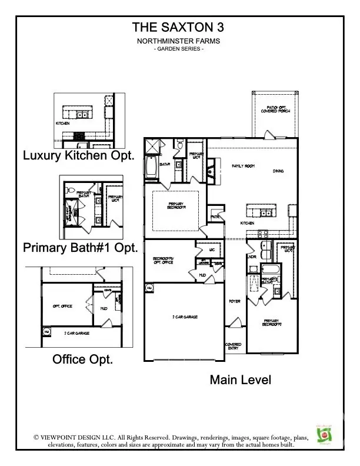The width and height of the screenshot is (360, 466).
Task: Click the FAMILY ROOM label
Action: pos(242,167)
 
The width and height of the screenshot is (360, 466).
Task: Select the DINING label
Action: pos(278,171)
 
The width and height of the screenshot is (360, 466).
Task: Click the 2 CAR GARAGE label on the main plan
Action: pos(185,317)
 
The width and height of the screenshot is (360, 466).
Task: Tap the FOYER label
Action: pos(234,301)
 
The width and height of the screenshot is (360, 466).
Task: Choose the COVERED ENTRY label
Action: pos(234,347)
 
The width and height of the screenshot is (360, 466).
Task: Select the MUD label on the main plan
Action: pos(202,275)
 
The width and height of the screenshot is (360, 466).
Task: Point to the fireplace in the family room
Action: pos(211,172)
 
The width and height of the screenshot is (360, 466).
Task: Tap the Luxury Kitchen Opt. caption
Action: pos(79,156)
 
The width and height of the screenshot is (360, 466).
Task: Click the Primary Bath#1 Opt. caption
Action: pos(81,248)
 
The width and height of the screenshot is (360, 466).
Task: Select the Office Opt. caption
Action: pos(83,358)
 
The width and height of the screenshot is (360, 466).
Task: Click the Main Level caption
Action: pos(241,380)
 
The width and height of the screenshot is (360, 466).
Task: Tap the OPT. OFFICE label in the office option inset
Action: pos(62,307)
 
